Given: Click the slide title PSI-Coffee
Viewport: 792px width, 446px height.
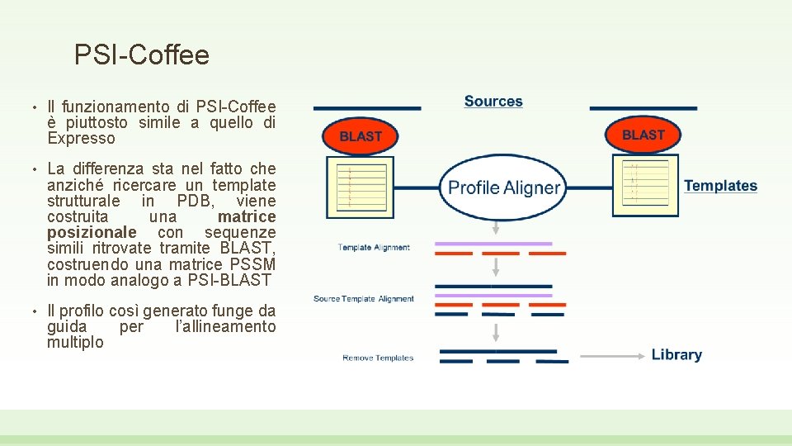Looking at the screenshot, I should [141, 55].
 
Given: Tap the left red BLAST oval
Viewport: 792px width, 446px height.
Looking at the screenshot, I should [360, 136].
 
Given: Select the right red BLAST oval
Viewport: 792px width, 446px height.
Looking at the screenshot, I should [643, 135].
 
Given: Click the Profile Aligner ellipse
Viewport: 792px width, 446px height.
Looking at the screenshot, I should [504, 187].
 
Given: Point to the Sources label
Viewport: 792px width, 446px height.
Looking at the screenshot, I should [493, 102].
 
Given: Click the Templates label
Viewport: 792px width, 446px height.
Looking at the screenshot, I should [720, 186].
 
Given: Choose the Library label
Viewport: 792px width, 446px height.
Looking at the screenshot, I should [676, 354].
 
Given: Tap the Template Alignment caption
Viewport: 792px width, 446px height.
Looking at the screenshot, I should [373, 248].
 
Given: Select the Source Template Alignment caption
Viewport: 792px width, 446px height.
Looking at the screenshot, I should [364, 299].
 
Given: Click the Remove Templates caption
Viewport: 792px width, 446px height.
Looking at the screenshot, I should [378, 358].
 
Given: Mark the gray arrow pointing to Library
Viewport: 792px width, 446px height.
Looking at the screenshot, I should [611, 355].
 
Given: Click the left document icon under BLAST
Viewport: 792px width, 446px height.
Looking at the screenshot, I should [356, 187].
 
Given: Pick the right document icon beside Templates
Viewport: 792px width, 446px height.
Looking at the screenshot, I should [645, 183].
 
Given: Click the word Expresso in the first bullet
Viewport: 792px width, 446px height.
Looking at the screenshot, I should [81, 138].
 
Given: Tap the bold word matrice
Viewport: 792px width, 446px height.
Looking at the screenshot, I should [246, 216].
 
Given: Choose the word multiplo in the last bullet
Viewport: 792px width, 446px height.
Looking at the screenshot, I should [75, 342].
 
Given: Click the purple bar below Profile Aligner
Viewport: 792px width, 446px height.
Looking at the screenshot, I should [493, 244].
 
